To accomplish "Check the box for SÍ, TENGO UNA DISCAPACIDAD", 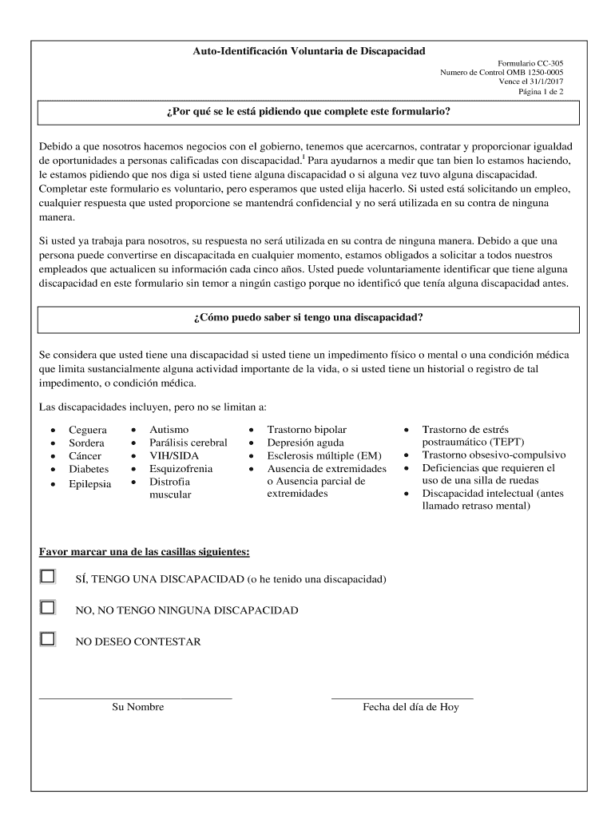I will click(48, 577).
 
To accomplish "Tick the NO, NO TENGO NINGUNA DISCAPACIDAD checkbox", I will click(48, 608).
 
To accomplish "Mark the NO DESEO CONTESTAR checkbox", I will click(48, 639).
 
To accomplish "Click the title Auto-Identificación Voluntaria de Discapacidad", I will click(308, 51).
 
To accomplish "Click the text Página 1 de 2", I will click(541, 92).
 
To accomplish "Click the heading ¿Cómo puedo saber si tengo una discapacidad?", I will click(308, 317).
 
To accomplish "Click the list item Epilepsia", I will click(90, 484).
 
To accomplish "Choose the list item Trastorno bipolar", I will click(307, 430).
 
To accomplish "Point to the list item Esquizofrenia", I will click(181, 469).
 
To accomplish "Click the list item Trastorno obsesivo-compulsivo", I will click(494, 455).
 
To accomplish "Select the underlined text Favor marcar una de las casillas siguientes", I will click(145, 552).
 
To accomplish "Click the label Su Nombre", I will click(137, 707).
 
